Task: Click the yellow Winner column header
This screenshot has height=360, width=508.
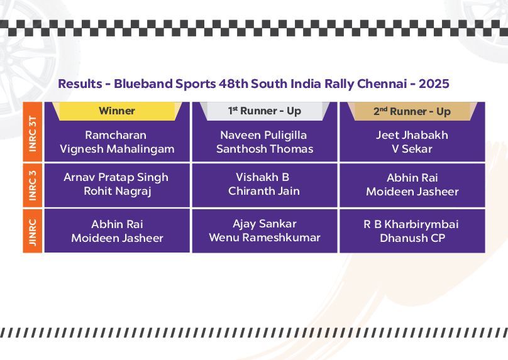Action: [117, 111]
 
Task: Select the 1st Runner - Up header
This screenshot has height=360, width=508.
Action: [264, 111]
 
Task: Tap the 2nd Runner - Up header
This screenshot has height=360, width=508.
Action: [412, 111]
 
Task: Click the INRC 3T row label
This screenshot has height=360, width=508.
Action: [33, 133]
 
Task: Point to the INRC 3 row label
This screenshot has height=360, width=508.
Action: [33, 185]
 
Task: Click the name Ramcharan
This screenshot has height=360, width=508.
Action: [116, 134]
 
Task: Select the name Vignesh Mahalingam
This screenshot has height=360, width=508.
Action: [118, 149]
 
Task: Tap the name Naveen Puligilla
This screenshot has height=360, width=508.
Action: [263, 135]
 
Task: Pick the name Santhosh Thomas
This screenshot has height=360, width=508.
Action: [265, 149]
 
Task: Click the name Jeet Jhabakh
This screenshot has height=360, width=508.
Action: [412, 134]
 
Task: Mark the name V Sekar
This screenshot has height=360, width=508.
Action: [412, 149]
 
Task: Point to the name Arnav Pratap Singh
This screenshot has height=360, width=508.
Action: [116, 177]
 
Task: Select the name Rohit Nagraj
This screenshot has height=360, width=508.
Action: [118, 192]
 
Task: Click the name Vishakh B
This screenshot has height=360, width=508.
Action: [262, 177]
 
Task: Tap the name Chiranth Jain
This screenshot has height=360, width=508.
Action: [263, 191]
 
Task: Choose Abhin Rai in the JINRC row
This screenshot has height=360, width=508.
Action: [117, 224]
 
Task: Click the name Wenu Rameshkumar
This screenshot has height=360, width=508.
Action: [264, 237]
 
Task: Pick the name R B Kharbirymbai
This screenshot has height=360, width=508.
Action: [411, 224]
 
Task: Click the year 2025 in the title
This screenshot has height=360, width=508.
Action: [434, 84]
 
